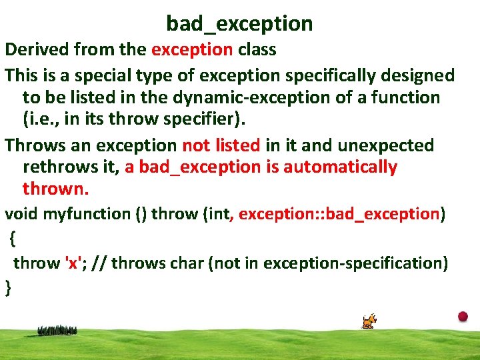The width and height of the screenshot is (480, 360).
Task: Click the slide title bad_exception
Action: click(x=239, y=24)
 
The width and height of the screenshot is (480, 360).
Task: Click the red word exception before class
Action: click(x=192, y=49)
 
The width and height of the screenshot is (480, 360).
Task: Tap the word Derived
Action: click(x=37, y=49)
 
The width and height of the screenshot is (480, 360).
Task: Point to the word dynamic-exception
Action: click(x=251, y=97)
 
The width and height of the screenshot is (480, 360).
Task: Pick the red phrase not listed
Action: click(x=221, y=145)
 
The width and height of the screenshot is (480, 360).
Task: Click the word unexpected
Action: click(x=386, y=146)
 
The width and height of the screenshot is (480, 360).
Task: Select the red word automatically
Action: click(x=341, y=168)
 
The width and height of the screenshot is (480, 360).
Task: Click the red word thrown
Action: click(x=56, y=189)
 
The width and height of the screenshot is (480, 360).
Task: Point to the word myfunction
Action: click(x=87, y=214)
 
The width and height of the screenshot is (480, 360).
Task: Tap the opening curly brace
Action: click(x=12, y=239)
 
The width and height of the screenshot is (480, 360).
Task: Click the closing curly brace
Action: click(x=8, y=288)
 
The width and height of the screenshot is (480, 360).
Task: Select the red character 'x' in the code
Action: click(x=73, y=263)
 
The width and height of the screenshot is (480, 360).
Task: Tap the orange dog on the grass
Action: click(x=369, y=321)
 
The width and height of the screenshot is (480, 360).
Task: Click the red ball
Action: click(x=463, y=316)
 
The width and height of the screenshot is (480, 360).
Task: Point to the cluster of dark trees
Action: click(x=57, y=331)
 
